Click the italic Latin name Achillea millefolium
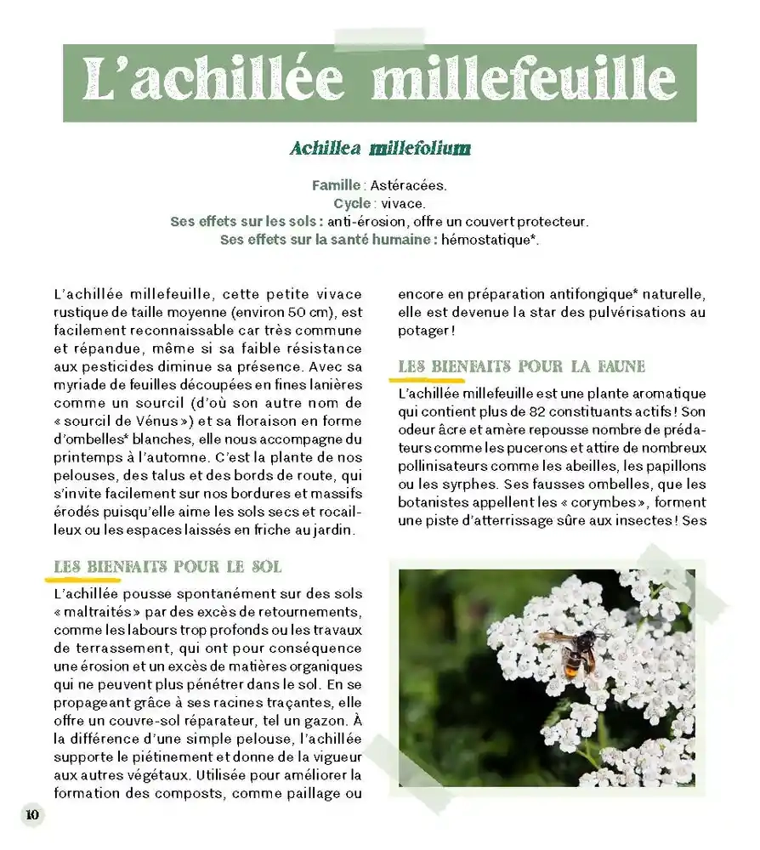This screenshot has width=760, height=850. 380,149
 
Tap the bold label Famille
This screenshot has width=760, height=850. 337,185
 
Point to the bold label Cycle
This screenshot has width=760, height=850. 352,204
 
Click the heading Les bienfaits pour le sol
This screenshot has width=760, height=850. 167,567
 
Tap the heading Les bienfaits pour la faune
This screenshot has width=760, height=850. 522,367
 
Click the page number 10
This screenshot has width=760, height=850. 32,814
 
